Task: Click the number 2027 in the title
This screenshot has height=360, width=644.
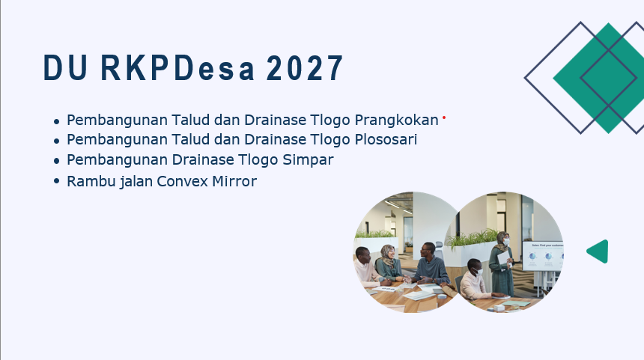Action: coord(304,67)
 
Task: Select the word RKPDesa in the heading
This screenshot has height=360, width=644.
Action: coord(177,67)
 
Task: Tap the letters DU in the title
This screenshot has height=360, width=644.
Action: coord(65,67)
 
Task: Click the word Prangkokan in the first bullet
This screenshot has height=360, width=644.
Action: coord(396,120)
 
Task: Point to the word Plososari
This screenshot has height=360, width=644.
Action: coord(386,139)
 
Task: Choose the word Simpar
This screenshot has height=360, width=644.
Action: coord(308,159)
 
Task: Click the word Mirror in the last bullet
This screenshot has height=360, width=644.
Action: coord(234,181)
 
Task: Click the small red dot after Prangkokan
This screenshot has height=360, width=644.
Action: coord(444,118)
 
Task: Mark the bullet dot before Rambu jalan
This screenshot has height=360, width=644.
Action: coord(57,181)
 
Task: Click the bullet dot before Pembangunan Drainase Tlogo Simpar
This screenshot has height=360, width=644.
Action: coord(57,161)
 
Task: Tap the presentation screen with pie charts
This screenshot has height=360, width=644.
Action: coord(543,256)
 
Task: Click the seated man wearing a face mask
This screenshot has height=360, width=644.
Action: coord(476,281)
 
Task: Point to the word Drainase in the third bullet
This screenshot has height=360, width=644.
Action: coord(202,159)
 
